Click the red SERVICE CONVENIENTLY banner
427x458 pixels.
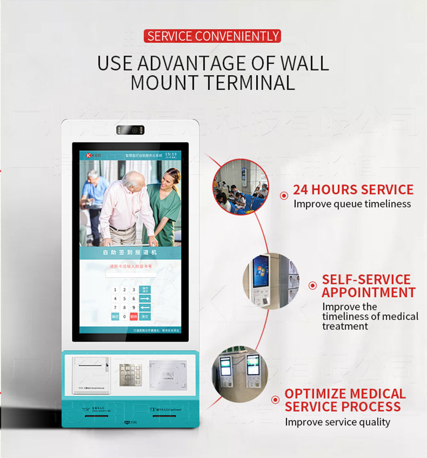[213, 36]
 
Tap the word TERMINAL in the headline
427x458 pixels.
[251, 83]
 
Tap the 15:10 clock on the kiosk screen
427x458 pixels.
[171, 154]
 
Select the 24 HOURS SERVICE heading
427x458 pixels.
[353, 190]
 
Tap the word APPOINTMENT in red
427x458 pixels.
[369, 292]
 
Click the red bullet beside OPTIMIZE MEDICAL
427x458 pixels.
[277, 399]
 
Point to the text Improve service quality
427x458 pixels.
[337, 422]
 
